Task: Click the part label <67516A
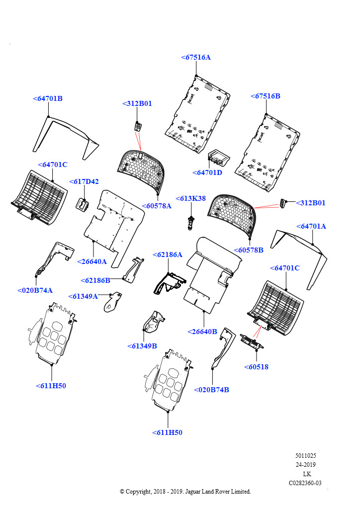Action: click(x=196, y=58)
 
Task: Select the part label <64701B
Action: click(x=48, y=99)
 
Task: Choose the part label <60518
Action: click(x=256, y=367)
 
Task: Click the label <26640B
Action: click(x=202, y=332)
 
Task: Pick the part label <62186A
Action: click(x=167, y=255)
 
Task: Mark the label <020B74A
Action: click(x=35, y=291)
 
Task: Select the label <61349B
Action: click(x=142, y=346)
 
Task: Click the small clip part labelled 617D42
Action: click(x=83, y=204)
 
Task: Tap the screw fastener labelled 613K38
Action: click(x=190, y=222)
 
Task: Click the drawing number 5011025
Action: click(x=305, y=456)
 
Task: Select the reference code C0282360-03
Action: click(x=305, y=483)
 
